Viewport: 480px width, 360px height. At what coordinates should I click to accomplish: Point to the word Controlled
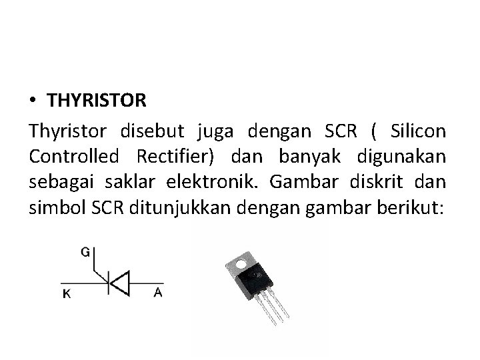[x=74, y=157]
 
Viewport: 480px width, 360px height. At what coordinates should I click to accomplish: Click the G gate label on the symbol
[x=86, y=252]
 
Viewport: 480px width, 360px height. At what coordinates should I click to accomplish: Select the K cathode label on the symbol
[x=67, y=293]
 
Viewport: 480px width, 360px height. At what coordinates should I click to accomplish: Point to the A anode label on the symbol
[x=157, y=292]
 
